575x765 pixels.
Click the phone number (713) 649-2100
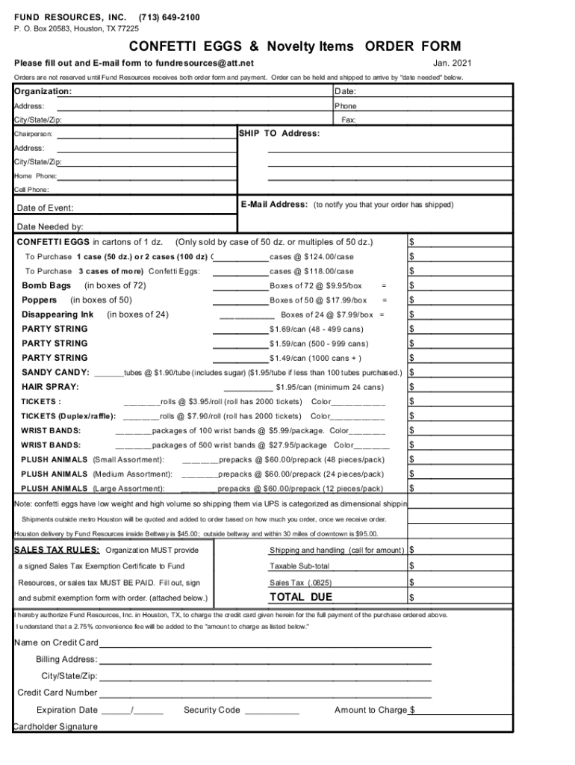(169, 16)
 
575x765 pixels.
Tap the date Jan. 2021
(452, 63)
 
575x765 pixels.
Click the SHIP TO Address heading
(279, 134)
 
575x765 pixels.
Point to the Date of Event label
(45, 208)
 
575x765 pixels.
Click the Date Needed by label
(49, 226)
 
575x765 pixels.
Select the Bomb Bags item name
(46, 285)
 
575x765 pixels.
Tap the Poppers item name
(40, 300)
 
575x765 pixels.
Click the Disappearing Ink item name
(57, 315)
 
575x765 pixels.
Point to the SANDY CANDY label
(55, 372)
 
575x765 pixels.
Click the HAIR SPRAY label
(50, 387)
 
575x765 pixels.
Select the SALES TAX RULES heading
(57, 551)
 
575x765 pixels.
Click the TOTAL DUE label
(301, 597)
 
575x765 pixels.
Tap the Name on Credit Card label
(56, 643)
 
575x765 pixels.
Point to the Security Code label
(212, 710)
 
